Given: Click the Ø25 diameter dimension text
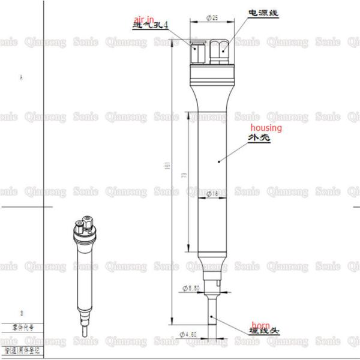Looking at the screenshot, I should [x=211, y=19].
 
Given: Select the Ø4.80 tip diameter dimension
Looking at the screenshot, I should [x=190, y=334].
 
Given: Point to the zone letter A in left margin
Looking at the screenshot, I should [x=22, y=79].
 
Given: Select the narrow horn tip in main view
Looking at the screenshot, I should [x=215, y=315].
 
